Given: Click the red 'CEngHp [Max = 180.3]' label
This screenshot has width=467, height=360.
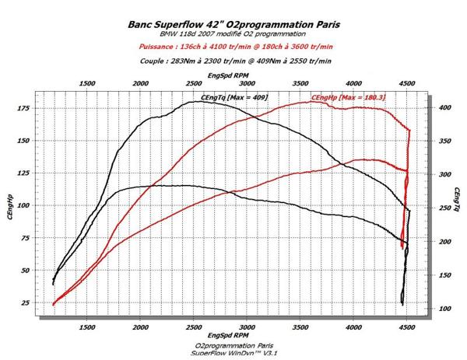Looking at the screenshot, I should tap(349, 97).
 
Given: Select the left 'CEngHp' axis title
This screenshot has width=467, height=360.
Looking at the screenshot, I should tap(9, 205).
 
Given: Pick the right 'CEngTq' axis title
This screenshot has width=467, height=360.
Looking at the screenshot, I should tap(456, 204).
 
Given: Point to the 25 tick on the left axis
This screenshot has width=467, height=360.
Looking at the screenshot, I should tap(24, 302).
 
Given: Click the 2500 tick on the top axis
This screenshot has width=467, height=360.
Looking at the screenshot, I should tap(194, 83).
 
